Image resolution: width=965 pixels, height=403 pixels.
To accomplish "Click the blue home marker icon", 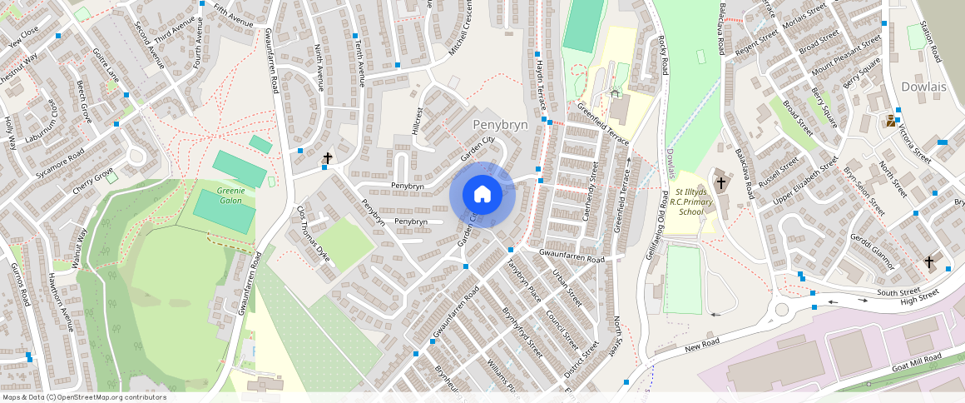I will point(482,194).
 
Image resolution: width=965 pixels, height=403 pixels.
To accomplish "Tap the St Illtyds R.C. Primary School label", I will point(690,201).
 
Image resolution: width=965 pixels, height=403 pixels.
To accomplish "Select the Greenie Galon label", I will point(230,195).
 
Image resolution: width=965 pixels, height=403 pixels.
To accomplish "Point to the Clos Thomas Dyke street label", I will point(314,235).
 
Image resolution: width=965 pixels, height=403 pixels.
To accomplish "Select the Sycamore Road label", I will point(61,163).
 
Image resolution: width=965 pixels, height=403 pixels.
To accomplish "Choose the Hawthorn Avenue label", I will point(60,302).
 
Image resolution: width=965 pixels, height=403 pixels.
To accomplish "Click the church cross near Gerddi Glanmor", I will point(928,262).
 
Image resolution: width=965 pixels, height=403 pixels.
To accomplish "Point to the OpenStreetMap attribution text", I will point(83,397).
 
